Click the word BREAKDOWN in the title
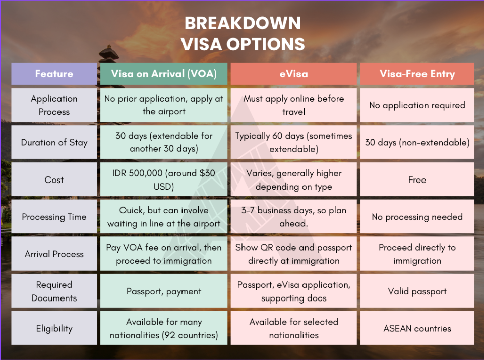tap(243, 23)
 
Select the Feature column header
tap(54, 74)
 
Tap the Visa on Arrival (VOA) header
tap(164, 74)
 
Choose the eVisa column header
tap(293, 74)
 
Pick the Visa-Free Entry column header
tap(417, 74)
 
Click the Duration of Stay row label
tap(54, 142)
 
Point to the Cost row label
tap(54, 179)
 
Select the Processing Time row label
tap(54, 217)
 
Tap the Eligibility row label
tap(54, 328)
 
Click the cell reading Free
tap(417, 179)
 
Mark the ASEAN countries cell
tap(417, 328)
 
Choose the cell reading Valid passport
tap(417, 291)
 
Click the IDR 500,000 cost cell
tap(164, 179)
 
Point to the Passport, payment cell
tap(164, 291)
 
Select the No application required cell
tap(417, 105)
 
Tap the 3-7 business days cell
tap(293, 217)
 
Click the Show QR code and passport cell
tap(293, 254)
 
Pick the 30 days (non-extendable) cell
tap(417, 142)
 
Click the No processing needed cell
tap(417, 217)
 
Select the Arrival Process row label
tap(54, 254)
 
